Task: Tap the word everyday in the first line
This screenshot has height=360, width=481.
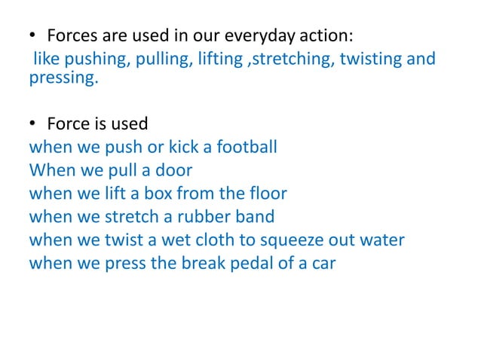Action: (x=265, y=35)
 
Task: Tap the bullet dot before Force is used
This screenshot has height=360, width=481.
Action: (x=33, y=124)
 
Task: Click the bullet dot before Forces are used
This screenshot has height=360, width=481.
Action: (x=33, y=36)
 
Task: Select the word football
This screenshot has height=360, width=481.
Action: (x=247, y=146)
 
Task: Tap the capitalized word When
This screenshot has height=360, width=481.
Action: (x=51, y=169)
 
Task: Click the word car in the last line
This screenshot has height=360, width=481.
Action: (x=323, y=265)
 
